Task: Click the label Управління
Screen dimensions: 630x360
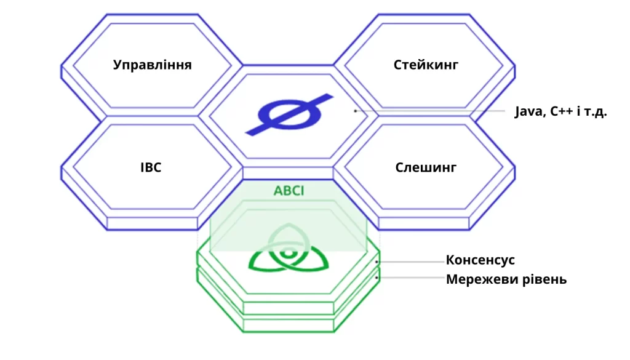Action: (x=153, y=65)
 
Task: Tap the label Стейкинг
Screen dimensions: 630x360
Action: (x=426, y=65)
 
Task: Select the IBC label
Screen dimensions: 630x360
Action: (x=151, y=167)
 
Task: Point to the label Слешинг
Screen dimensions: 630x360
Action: (x=426, y=167)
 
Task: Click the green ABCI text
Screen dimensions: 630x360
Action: (x=289, y=190)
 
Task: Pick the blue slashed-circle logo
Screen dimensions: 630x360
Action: (x=289, y=114)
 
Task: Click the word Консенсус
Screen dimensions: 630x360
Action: (x=480, y=260)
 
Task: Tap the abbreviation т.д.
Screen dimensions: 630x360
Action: (x=595, y=112)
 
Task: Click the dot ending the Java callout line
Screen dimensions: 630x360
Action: (x=355, y=111)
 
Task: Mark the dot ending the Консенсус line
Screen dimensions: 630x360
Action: (x=377, y=262)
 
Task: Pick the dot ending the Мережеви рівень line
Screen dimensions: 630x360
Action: (x=377, y=278)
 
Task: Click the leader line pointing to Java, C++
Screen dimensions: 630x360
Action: (x=430, y=111)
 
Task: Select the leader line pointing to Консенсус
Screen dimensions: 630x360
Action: (x=410, y=262)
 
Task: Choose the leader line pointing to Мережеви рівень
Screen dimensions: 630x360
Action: (x=410, y=278)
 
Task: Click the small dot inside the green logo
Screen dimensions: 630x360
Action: (x=288, y=254)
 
